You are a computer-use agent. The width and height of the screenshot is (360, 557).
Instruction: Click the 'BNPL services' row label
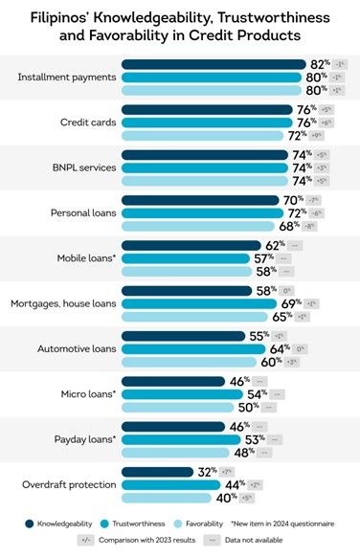point(84,167)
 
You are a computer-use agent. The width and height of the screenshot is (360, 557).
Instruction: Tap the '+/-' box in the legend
point(91,541)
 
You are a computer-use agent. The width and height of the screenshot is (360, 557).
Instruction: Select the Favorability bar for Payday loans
point(175,452)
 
